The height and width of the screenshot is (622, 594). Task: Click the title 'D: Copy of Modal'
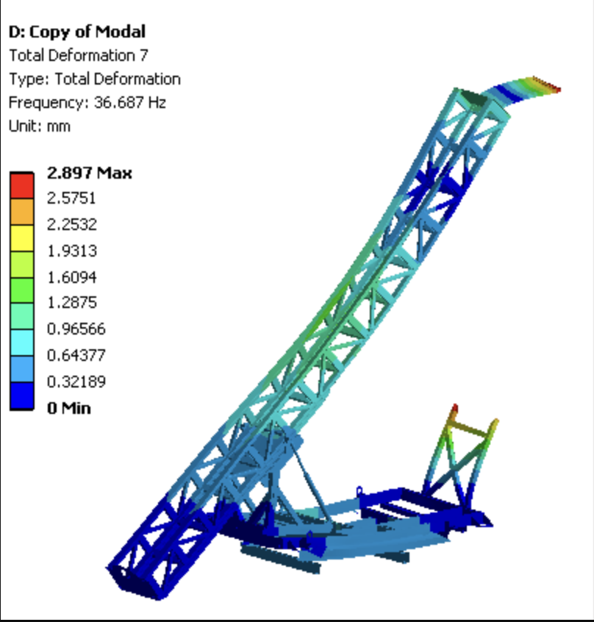click(x=77, y=32)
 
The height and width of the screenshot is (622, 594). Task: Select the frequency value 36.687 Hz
click(x=129, y=102)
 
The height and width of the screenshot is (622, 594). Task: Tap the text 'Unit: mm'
click(x=40, y=126)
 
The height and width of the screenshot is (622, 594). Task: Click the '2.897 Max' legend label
click(x=89, y=173)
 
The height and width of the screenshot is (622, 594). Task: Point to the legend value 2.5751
click(x=71, y=198)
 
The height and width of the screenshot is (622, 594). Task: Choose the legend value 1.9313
click(x=72, y=251)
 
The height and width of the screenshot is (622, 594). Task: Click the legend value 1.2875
click(x=72, y=303)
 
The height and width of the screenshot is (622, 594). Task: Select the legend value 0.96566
click(x=76, y=329)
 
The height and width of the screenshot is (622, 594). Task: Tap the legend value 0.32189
click(x=76, y=382)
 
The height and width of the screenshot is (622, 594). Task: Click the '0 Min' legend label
click(x=69, y=408)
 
